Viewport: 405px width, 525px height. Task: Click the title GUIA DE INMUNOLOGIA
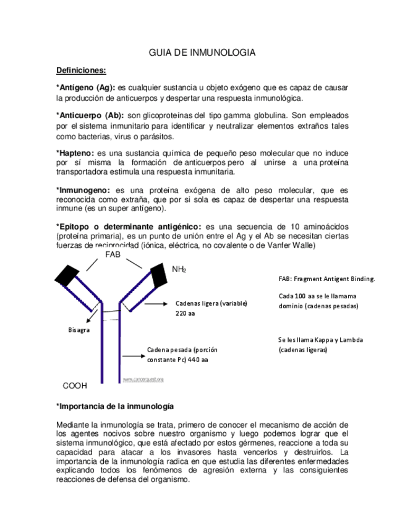point(202,53)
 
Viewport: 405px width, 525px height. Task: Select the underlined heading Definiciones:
point(81,71)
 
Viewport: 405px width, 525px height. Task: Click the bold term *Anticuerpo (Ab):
point(90,115)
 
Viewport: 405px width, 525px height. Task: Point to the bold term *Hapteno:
point(75,152)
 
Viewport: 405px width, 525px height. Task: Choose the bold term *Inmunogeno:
point(83,190)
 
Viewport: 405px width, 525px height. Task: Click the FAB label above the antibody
point(113,254)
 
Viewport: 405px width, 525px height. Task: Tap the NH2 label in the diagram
point(179,269)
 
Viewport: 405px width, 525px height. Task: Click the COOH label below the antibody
point(75,386)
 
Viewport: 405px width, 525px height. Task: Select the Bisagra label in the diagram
point(79,330)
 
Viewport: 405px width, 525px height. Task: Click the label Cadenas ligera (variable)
point(211,303)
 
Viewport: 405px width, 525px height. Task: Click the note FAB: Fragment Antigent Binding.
point(326,279)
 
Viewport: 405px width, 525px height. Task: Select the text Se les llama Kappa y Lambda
point(320,340)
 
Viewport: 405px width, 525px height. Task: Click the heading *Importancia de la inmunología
point(114,406)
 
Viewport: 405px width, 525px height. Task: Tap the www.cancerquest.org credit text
point(143,379)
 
